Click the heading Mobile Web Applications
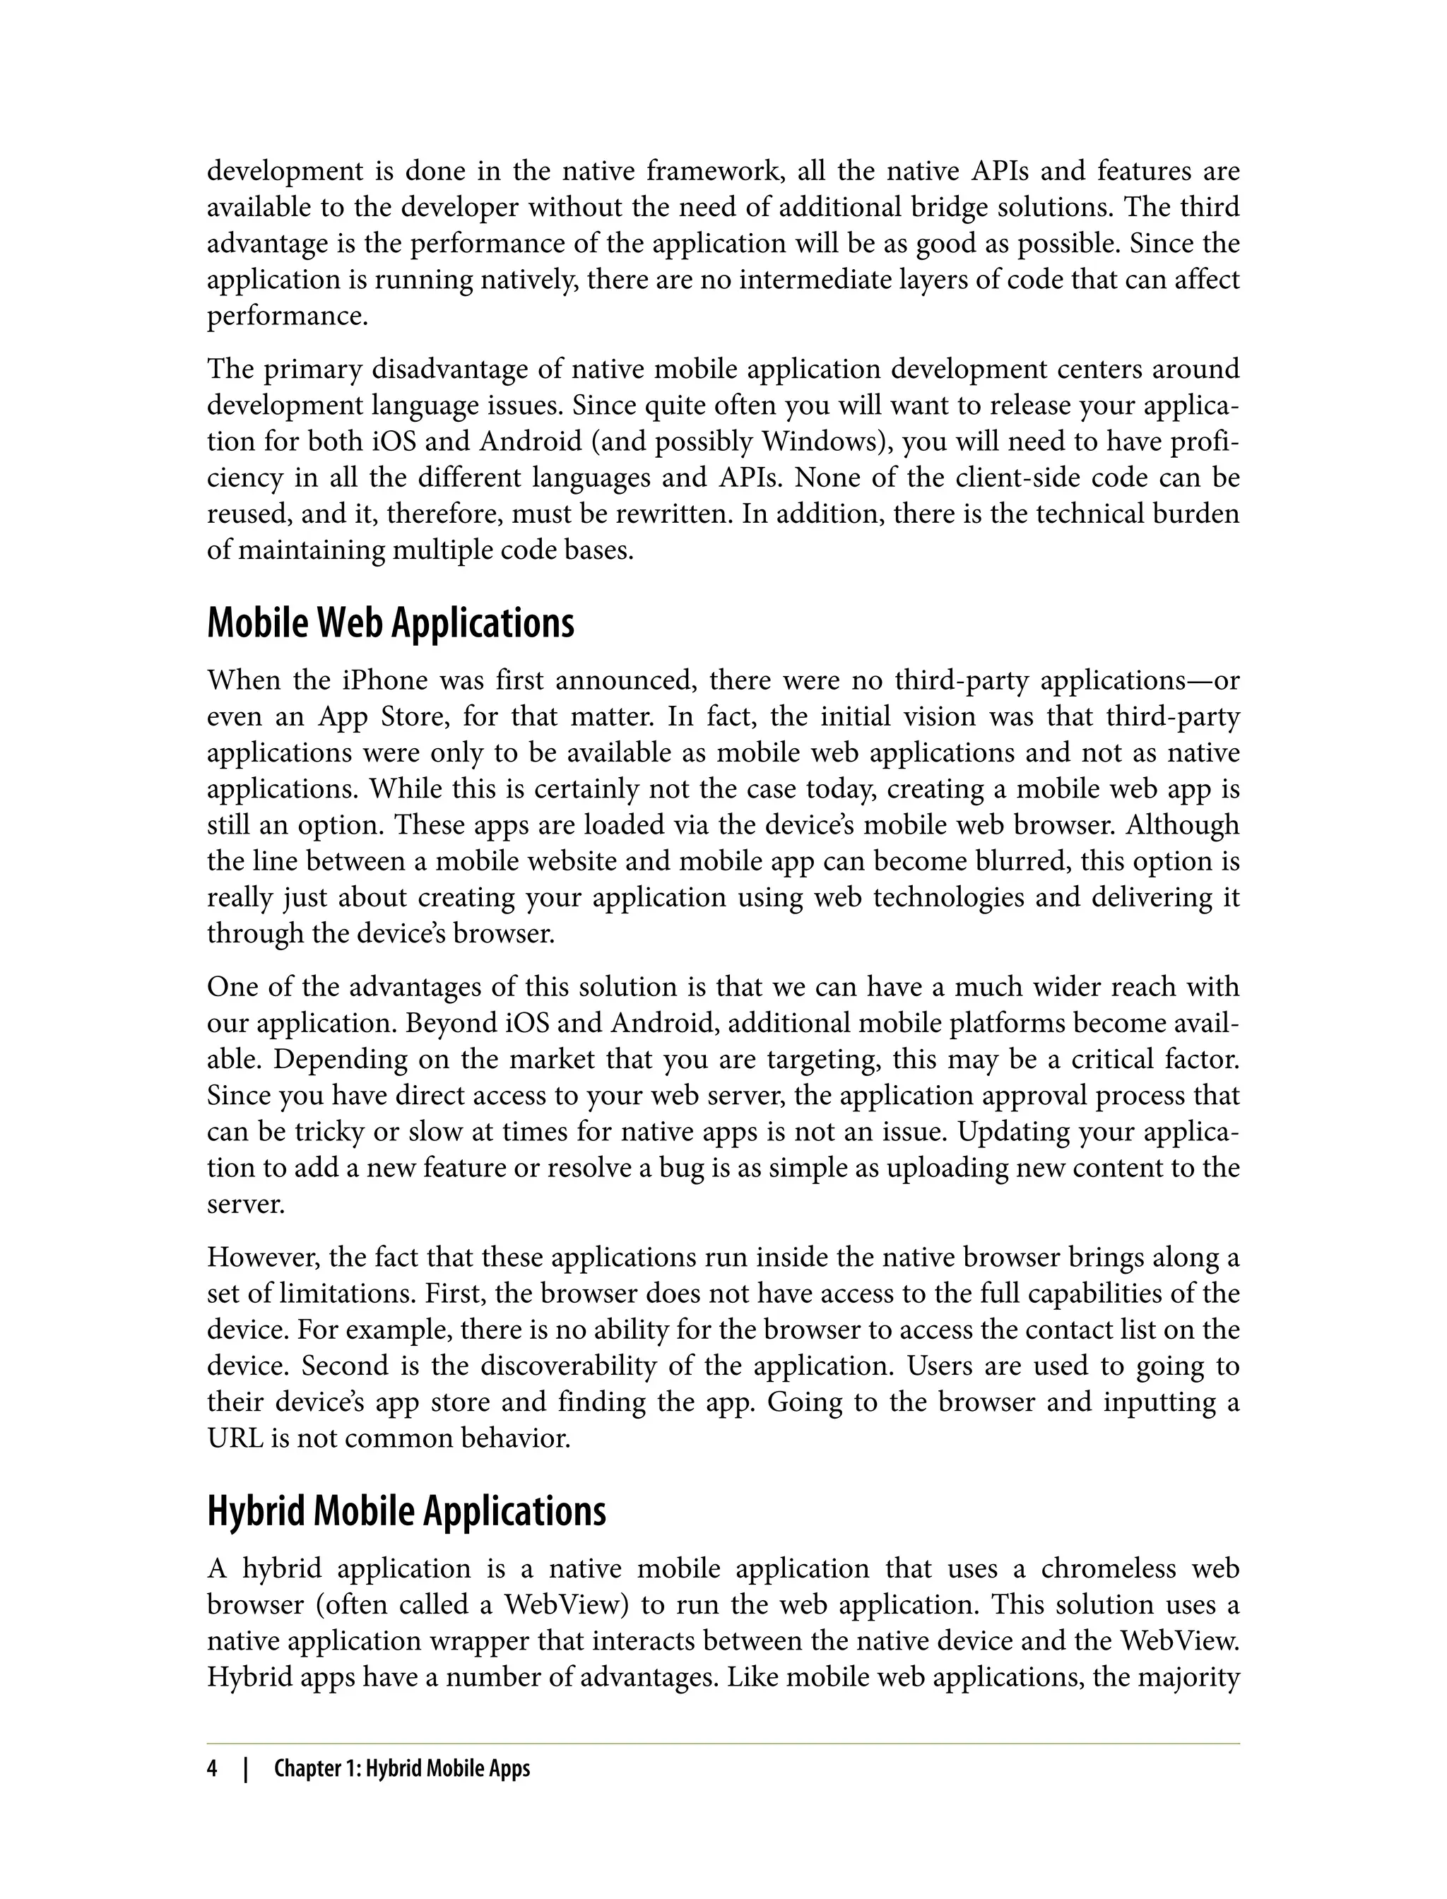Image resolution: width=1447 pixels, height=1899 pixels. [390, 624]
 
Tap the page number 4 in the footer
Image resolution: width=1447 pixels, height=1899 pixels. [212, 1769]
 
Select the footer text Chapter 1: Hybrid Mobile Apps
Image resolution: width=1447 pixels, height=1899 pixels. [401, 1769]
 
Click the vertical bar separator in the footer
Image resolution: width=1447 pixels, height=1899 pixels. [245, 1769]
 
